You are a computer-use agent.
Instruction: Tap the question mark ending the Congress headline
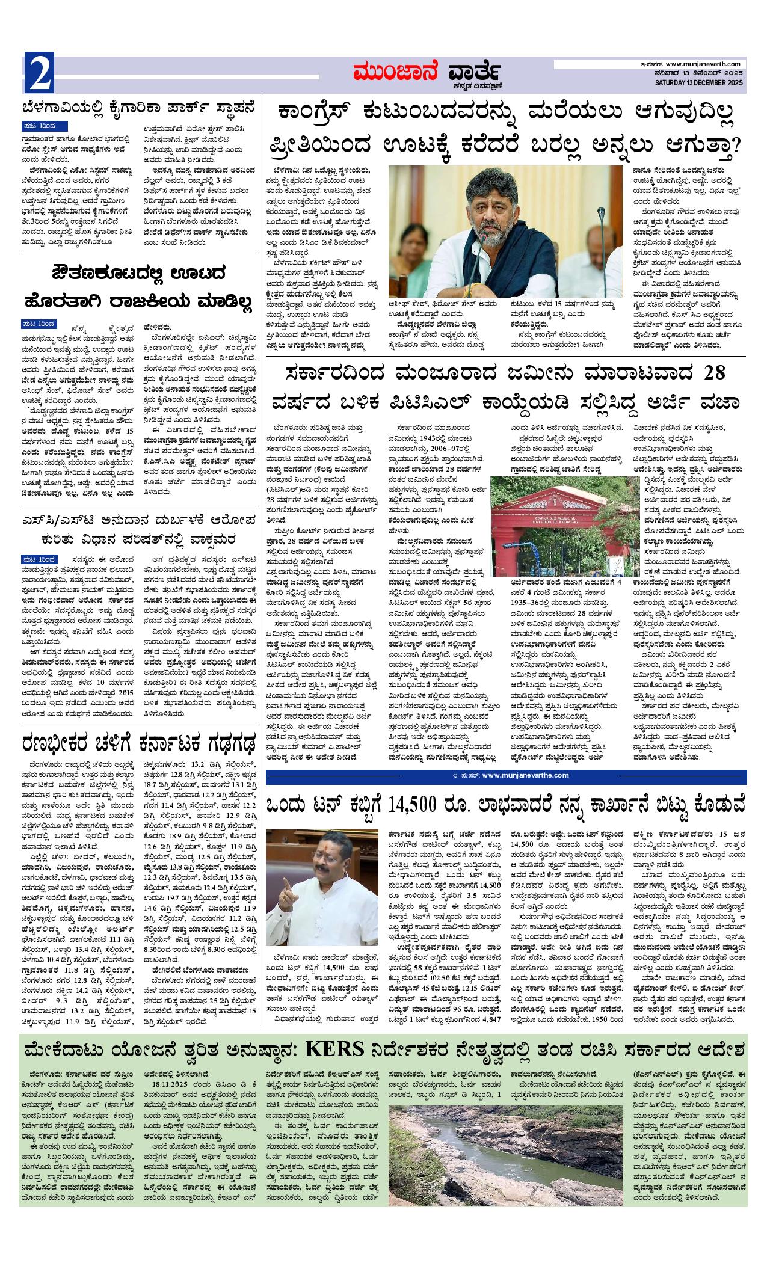733,147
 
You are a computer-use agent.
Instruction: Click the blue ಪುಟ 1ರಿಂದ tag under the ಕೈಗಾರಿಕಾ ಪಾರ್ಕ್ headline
43,126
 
